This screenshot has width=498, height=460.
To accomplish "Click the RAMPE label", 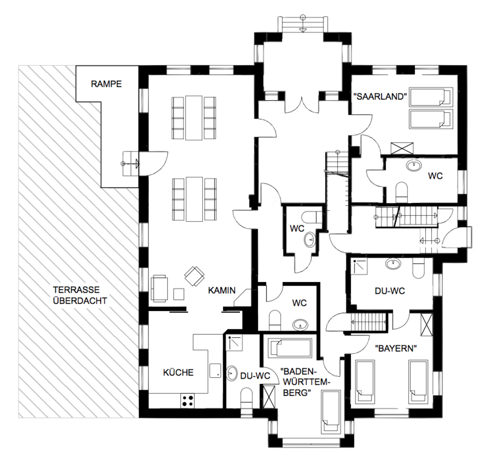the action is click(x=106, y=84).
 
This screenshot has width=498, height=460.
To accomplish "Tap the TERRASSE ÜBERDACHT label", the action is click(x=80, y=295).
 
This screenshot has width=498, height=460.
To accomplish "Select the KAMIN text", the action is click(x=222, y=290).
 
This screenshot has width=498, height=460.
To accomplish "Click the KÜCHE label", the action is click(x=178, y=372).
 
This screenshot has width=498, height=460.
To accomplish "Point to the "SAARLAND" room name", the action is click(x=380, y=96).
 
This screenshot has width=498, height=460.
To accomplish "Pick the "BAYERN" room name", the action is click(x=396, y=348).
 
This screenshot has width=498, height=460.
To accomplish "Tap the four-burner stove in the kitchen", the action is click(x=187, y=401).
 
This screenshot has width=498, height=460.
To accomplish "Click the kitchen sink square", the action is click(x=215, y=370).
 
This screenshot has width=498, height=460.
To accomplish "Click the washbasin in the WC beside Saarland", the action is click(x=414, y=165).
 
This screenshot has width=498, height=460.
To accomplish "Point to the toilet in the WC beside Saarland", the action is click(x=402, y=192).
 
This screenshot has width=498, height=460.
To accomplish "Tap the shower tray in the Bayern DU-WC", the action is click(x=359, y=266).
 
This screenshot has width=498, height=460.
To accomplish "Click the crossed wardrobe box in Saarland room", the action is click(x=402, y=149).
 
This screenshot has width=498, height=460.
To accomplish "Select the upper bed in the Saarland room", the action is click(x=430, y=97).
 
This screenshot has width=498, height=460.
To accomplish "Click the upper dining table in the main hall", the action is click(x=194, y=118).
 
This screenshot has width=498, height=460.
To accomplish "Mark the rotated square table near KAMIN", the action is click(x=194, y=276).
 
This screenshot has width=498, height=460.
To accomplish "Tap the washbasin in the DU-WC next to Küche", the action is click(x=233, y=373).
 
